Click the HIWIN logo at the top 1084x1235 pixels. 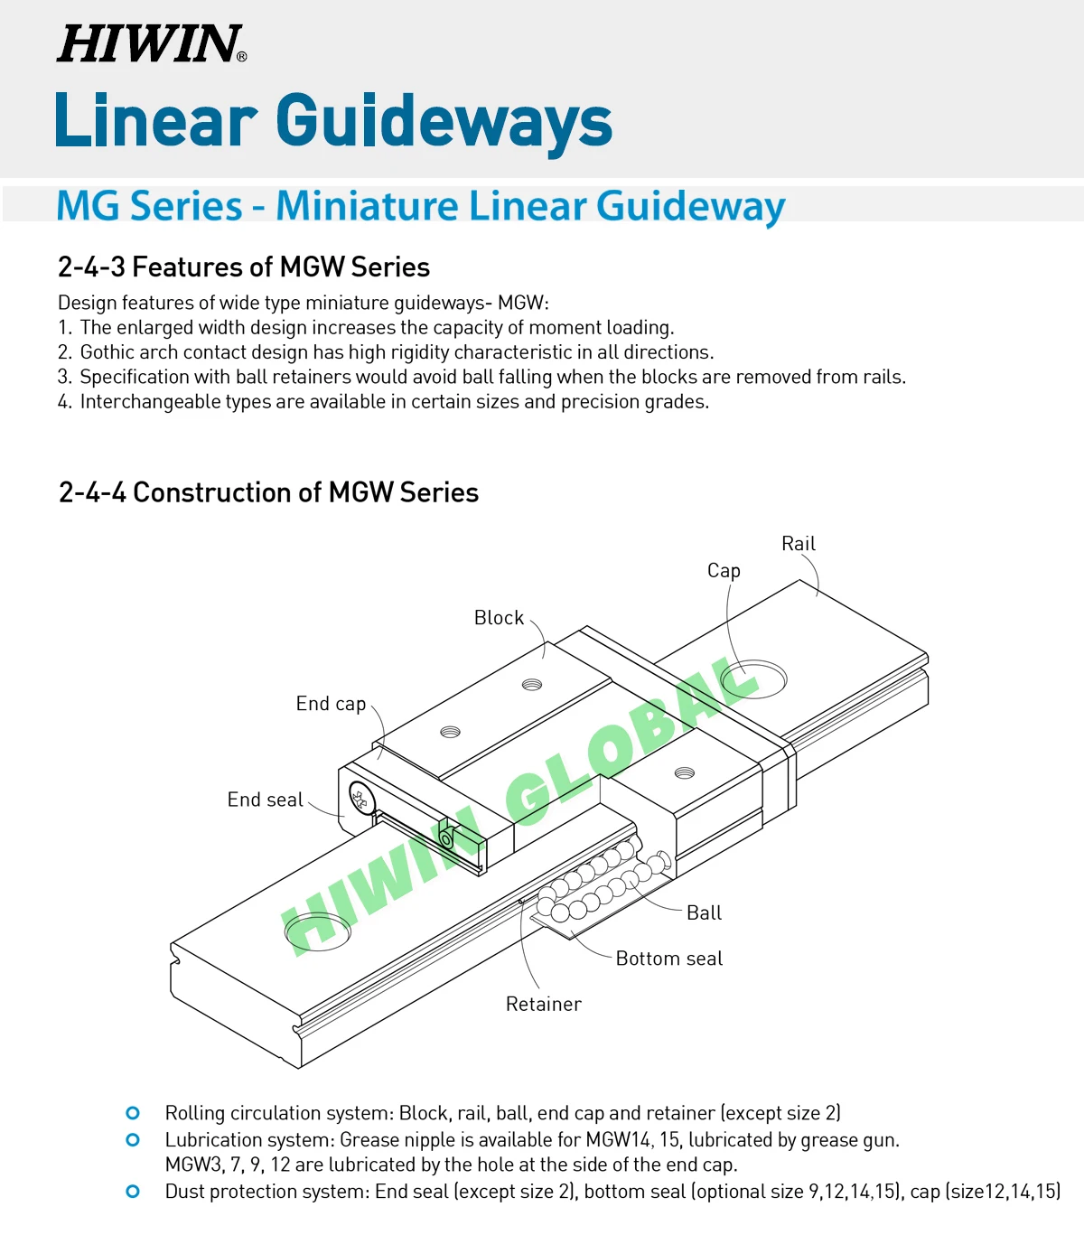tap(151, 43)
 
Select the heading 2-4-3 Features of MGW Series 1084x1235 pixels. tap(243, 267)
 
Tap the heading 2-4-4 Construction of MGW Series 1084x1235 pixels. tap(268, 492)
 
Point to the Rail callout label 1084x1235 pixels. tap(798, 544)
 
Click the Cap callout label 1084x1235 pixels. tap(724, 571)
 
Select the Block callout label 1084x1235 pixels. tap(499, 618)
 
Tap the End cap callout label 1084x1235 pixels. tap(331, 704)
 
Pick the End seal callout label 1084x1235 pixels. tap(265, 800)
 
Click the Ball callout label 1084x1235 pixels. tap(704, 913)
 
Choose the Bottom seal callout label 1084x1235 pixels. tap(668, 959)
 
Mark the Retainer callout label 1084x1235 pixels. tap(543, 1005)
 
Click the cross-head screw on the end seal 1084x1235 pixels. tap(360, 798)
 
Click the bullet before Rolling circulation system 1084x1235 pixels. tap(133, 1113)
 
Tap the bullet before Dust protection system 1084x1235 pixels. tap(133, 1192)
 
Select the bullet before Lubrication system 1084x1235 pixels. tap(133, 1140)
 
